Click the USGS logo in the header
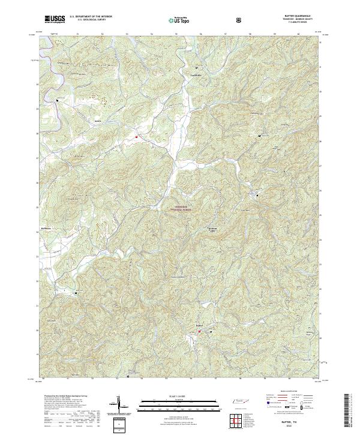(55, 19)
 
